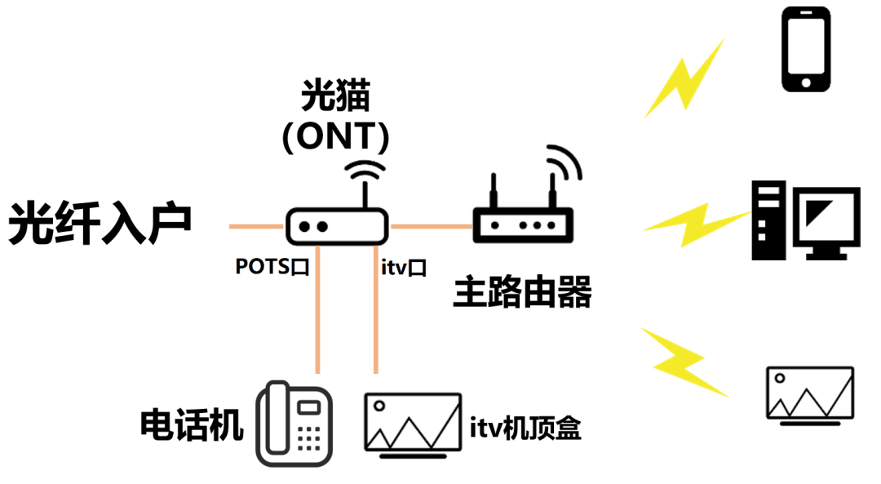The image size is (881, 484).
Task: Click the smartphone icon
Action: tap(806, 50)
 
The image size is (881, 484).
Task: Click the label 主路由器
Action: tap(522, 292)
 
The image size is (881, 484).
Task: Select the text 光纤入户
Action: tap(100, 224)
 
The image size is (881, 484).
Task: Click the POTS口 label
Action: tap(272, 267)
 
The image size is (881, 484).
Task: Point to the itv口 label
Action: tap(403, 267)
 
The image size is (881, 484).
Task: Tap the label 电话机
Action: tap(192, 425)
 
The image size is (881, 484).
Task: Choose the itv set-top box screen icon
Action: tap(411, 422)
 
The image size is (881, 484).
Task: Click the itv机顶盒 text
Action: tap(525, 428)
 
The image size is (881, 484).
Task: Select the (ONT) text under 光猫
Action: tap(335, 136)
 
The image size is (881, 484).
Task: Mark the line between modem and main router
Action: tap(431, 225)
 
